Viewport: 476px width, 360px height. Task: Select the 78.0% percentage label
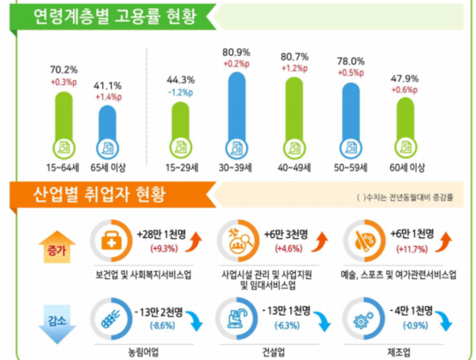351,61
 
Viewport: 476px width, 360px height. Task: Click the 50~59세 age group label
351,167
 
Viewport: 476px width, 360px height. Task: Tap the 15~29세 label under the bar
181,167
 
